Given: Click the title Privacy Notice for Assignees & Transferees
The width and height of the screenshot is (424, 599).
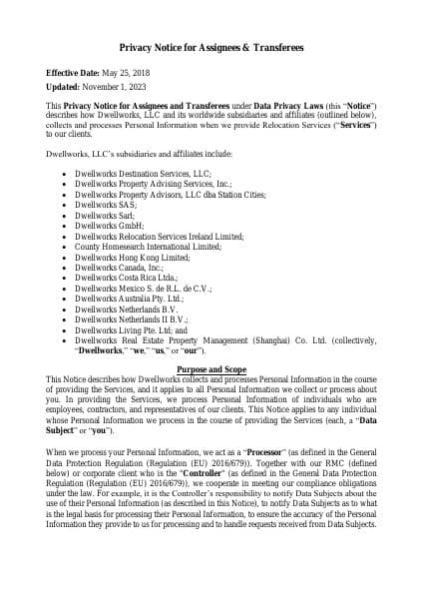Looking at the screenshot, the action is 212,48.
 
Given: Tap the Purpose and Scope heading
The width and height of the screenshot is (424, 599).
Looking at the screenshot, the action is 212,369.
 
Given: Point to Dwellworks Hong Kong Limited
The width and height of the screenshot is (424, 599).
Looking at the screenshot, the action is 132,257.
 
